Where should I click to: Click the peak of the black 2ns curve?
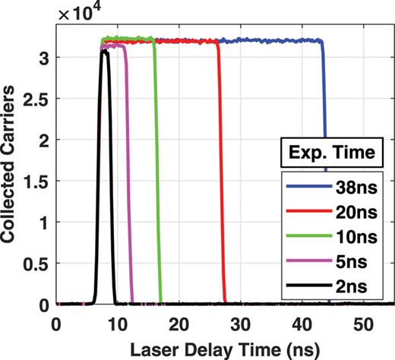pyautogui.click(x=105, y=52)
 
